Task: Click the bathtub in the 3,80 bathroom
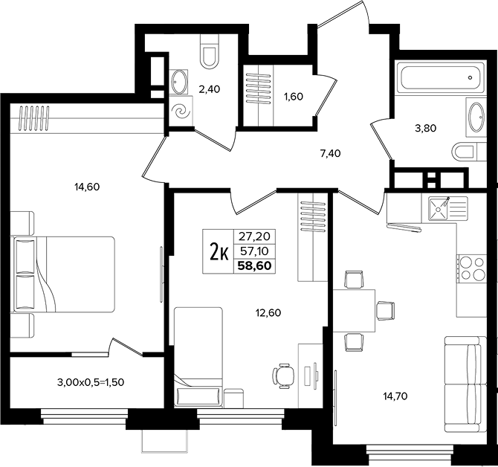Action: (x=441, y=77)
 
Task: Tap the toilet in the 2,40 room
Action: (x=210, y=51)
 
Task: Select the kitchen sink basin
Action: (x=438, y=209)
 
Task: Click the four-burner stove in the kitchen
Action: (x=472, y=268)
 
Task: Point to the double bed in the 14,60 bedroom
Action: (x=62, y=274)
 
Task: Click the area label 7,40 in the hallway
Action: (x=330, y=153)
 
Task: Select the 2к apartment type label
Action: (x=219, y=251)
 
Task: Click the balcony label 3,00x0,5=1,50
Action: (x=91, y=382)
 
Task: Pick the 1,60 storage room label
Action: (x=294, y=96)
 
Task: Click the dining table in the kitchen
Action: (x=354, y=311)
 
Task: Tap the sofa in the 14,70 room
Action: (x=465, y=384)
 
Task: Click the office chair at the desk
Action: (x=283, y=376)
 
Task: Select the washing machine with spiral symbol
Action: (x=181, y=112)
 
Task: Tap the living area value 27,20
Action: (x=254, y=236)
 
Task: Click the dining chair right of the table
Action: (x=386, y=310)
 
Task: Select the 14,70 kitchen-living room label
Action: (x=395, y=396)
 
